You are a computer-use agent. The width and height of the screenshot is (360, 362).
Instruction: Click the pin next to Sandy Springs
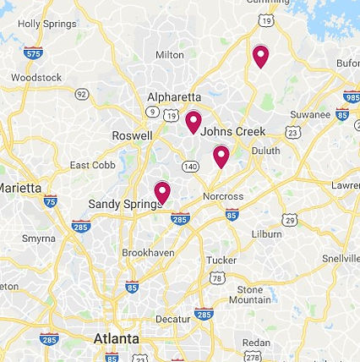(x=162, y=192)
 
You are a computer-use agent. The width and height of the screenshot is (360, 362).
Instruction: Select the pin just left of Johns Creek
(x=194, y=122)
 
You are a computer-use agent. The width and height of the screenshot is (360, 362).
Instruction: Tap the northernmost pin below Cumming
(x=260, y=56)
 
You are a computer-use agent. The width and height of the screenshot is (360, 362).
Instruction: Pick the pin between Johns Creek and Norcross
(x=221, y=156)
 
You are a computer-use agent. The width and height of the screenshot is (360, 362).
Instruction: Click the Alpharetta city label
(x=174, y=97)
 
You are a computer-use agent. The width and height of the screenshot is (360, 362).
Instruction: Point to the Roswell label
(x=133, y=135)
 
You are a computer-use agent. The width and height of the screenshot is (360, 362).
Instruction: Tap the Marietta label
(x=20, y=187)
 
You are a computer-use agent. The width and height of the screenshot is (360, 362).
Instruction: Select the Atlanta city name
(x=117, y=338)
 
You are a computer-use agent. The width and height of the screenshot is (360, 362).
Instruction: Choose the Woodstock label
(x=36, y=78)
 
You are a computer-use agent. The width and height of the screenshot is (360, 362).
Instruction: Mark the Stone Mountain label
(x=249, y=294)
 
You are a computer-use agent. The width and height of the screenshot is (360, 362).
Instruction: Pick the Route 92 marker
(x=82, y=94)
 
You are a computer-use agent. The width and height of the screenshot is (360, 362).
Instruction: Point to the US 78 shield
(x=218, y=278)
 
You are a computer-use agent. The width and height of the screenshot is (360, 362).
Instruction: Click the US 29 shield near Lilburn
(x=291, y=220)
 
